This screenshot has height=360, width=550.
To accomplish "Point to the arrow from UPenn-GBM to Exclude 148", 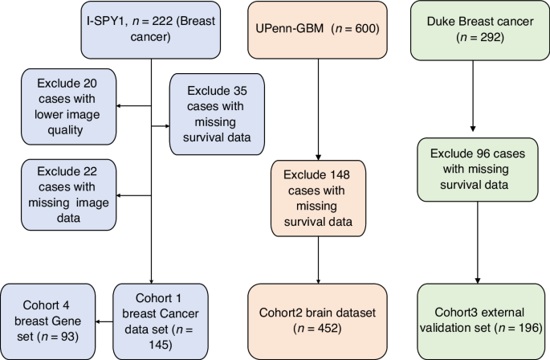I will [320, 112].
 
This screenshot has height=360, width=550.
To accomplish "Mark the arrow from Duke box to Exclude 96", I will [472, 96].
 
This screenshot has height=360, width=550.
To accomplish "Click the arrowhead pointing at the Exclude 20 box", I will [120, 105].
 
